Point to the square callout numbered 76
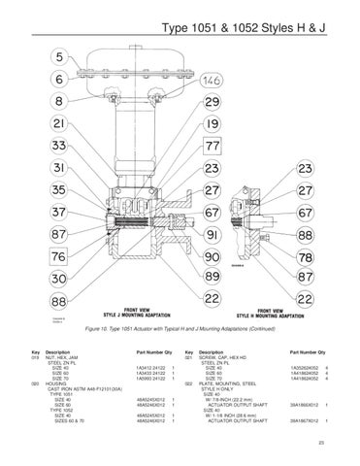coord(59,257)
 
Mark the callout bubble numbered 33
coord(59,147)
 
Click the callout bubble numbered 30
coord(59,280)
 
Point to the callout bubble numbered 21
coord(59,125)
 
